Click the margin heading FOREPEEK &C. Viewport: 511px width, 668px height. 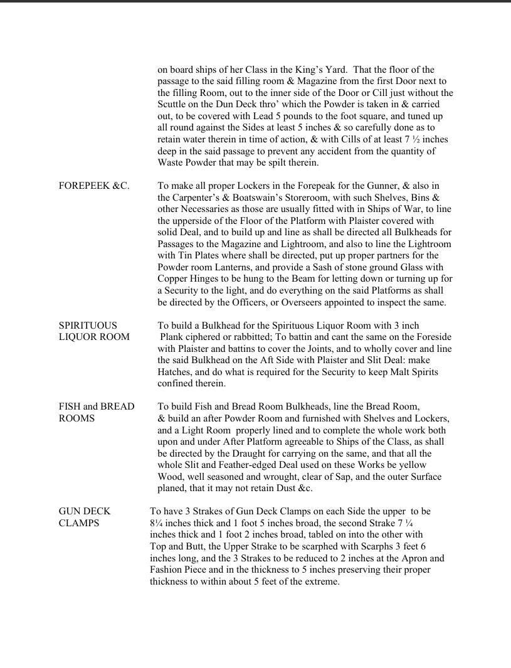pos(94,186)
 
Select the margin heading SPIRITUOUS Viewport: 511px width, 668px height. pos(88,326)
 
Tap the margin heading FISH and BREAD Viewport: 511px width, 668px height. pos(97,406)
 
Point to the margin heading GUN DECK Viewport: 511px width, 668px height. pos(85,512)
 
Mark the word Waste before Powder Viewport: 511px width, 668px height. pos(172,162)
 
